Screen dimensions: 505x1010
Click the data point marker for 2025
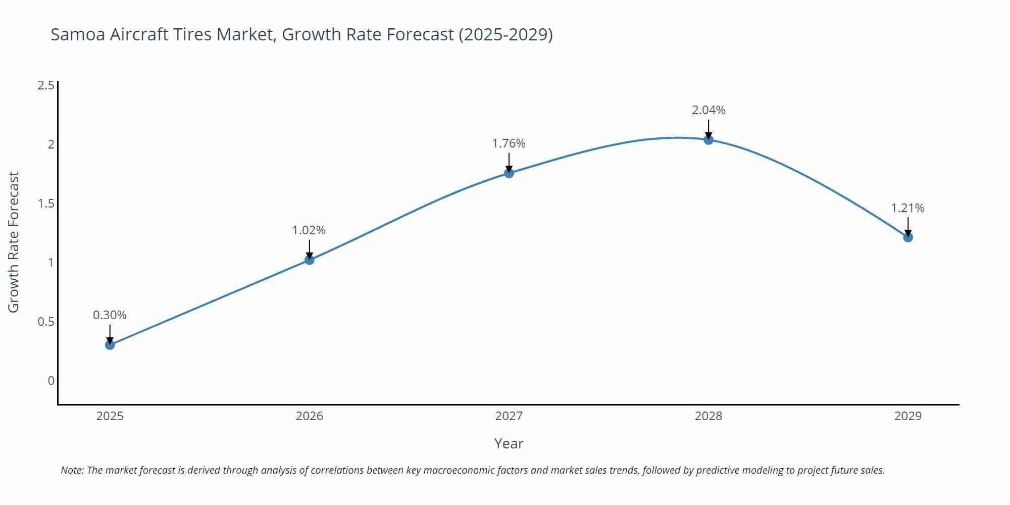click(110, 345)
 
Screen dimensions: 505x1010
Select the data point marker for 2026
click(310, 260)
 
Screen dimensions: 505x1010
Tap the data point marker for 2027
click(509, 173)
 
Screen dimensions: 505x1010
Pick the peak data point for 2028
click(709, 140)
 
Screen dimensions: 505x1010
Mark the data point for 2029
click(908, 237)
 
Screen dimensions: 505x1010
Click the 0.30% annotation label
click(110, 315)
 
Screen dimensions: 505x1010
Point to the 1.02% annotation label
click(309, 230)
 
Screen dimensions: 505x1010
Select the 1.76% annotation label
click(509, 143)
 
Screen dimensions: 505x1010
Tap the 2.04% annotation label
click(709, 110)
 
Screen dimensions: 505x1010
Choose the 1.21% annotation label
click(907, 208)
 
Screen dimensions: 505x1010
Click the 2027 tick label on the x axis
click(509, 416)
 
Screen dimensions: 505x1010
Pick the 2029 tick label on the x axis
click(908, 416)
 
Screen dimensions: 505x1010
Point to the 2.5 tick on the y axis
click(46, 85)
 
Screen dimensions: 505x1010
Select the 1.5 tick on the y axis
click(46, 204)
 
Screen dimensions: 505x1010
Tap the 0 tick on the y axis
click(51, 381)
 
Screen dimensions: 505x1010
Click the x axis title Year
click(509, 443)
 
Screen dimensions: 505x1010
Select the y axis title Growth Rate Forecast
click(14, 242)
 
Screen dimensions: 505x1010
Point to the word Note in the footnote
click(72, 470)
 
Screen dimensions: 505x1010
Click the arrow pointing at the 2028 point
click(709, 129)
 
